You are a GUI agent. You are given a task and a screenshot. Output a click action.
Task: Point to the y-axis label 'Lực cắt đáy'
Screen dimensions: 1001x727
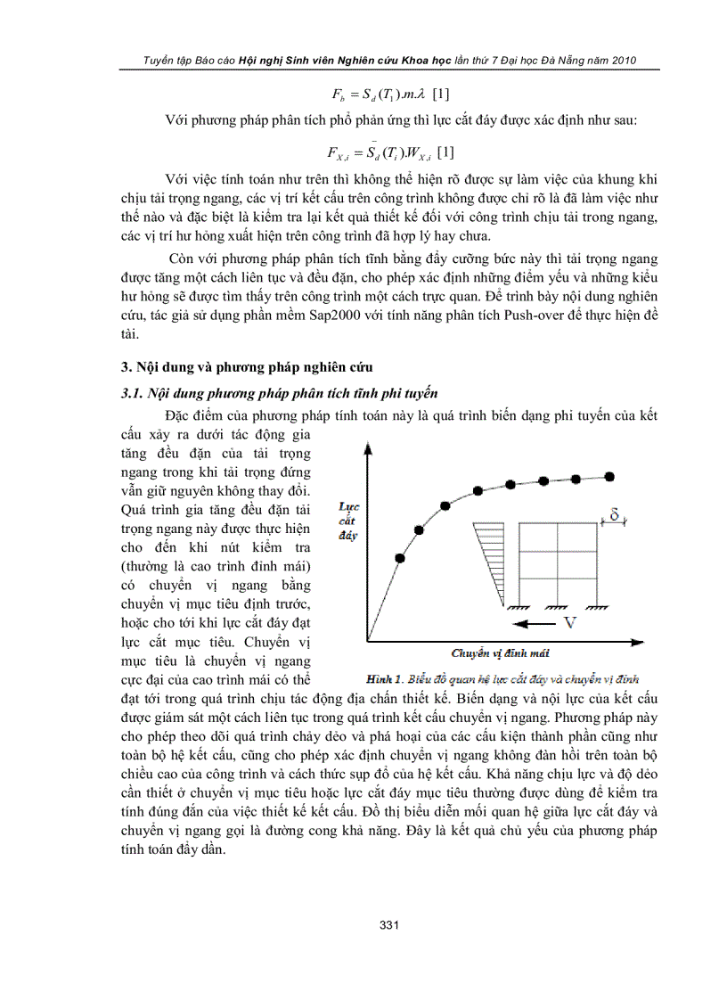point(348,521)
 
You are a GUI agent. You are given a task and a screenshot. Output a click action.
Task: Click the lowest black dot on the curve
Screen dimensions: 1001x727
point(399,558)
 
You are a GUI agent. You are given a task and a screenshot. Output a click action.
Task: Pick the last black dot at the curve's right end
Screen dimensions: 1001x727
point(609,477)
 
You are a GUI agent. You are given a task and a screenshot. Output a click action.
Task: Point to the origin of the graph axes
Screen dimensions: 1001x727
point(367,640)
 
